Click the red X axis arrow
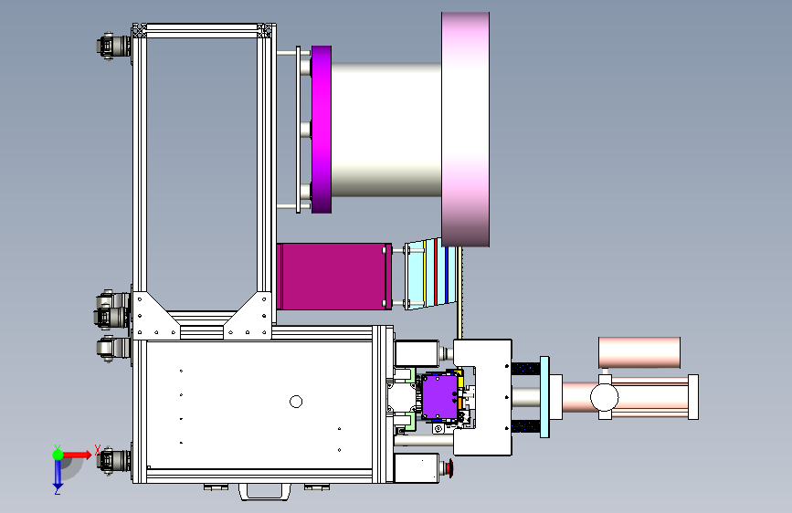point(77,455)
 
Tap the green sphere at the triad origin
point(58,455)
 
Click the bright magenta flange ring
point(322,130)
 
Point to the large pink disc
point(465,130)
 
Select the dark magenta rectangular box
point(333,277)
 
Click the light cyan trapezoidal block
point(430,274)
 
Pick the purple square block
point(439,397)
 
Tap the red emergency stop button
point(450,468)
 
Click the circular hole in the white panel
point(296,402)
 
